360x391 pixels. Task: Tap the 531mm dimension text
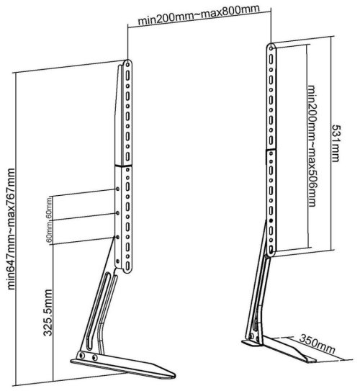[x=336, y=143]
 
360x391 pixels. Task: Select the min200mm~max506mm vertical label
[x=312, y=146]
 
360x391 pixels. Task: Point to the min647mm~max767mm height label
[x=11, y=229]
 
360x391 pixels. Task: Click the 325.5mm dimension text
[x=48, y=313]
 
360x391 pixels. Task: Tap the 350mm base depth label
[x=317, y=344]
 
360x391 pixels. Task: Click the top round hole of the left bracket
[x=127, y=64]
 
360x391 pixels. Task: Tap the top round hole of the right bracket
[x=271, y=48]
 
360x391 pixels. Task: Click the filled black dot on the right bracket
[x=271, y=220]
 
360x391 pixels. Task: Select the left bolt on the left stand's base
[x=82, y=355]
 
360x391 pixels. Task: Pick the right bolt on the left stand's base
[x=95, y=358]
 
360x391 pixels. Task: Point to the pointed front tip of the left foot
[x=175, y=375]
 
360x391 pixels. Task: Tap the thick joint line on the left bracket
[x=123, y=166]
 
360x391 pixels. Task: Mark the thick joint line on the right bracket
[x=271, y=150]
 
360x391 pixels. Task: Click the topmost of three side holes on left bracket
[x=117, y=189]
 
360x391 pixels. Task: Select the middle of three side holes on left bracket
[x=117, y=212]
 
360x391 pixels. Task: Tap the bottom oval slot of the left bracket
[x=127, y=266]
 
